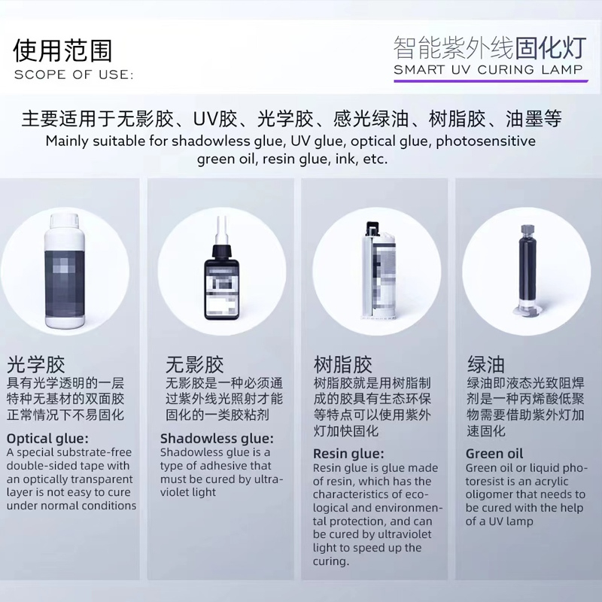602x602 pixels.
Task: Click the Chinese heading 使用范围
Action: tap(62, 50)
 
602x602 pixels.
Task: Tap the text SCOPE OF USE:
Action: tap(74, 74)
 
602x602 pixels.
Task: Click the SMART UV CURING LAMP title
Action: tap(488, 69)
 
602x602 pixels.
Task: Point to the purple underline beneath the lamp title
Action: tap(491, 81)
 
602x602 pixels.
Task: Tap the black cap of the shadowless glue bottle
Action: tap(222, 251)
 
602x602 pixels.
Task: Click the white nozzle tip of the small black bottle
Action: tap(221, 230)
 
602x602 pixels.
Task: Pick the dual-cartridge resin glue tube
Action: tap(378, 270)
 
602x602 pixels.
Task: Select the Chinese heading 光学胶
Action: tap(35, 364)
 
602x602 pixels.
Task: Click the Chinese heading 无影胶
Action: tap(195, 364)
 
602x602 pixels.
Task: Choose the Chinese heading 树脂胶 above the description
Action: tap(343, 364)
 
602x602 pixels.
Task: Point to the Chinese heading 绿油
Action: tap(485, 364)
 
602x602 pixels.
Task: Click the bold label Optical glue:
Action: tap(47, 439)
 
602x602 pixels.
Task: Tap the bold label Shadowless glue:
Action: tap(217, 439)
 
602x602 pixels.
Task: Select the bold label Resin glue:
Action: tap(348, 454)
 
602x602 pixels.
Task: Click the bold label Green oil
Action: tap(494, 454)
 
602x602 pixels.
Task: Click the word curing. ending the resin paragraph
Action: tap(331, 561)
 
